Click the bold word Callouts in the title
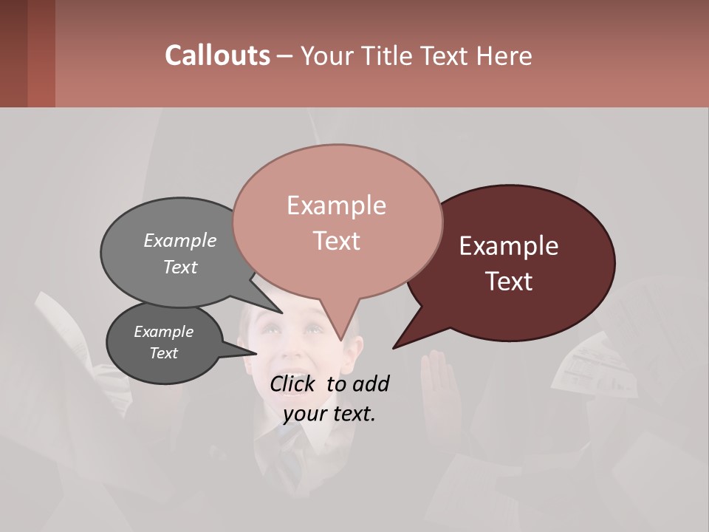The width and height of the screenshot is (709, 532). (217, 55)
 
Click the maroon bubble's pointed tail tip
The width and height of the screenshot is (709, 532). (394, 347)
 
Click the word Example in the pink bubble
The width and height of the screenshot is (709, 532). (336, 205)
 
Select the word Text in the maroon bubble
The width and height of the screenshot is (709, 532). (510, 282)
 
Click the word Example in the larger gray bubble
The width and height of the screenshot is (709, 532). (180, 241)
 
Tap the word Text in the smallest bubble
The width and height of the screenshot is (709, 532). (164, 353)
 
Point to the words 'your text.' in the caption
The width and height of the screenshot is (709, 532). (329, 414)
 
